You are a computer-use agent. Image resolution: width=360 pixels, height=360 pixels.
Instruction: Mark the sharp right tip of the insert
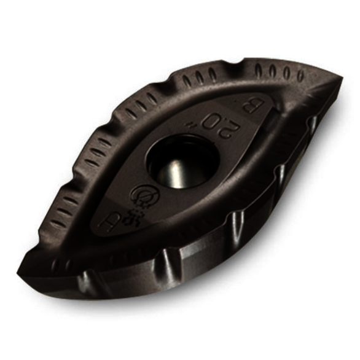pos(341,78)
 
